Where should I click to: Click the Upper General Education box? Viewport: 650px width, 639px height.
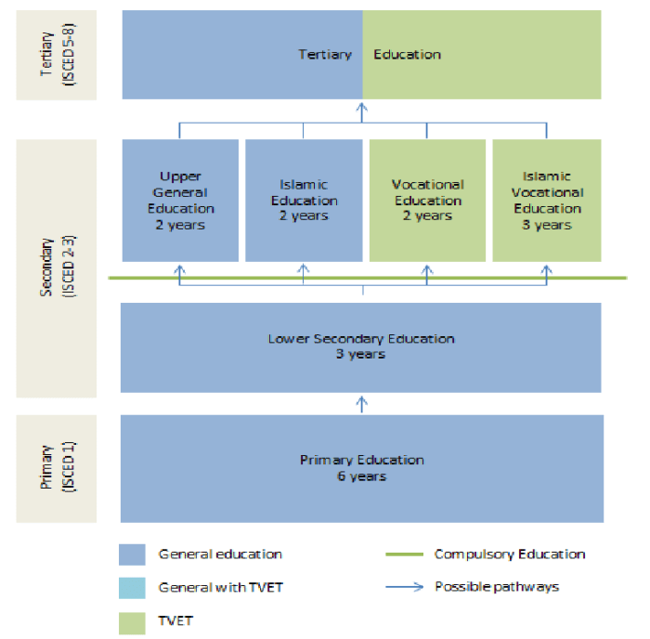(x=181, y=200)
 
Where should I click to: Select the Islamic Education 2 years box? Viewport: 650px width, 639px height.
(x=303, y=200)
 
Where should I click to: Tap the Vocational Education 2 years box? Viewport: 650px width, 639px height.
(x=427, y=200)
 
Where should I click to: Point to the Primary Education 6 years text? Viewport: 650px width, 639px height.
(x=362, y=467)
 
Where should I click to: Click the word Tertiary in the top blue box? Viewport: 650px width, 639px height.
(x=325, y=55)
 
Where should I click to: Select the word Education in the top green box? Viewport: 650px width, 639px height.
(x=407, y=55)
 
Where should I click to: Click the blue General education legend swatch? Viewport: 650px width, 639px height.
(x=133, y=554)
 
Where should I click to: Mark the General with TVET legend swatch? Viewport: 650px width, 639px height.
(x=133, y=588)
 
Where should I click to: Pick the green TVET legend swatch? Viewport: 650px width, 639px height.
(x=133, y=621)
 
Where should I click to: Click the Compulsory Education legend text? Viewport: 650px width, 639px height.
(x=510, y=554)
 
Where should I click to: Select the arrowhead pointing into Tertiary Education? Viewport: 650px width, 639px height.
(x=362, y=106)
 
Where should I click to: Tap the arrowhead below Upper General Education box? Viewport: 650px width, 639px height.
(x=181, y=268)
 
